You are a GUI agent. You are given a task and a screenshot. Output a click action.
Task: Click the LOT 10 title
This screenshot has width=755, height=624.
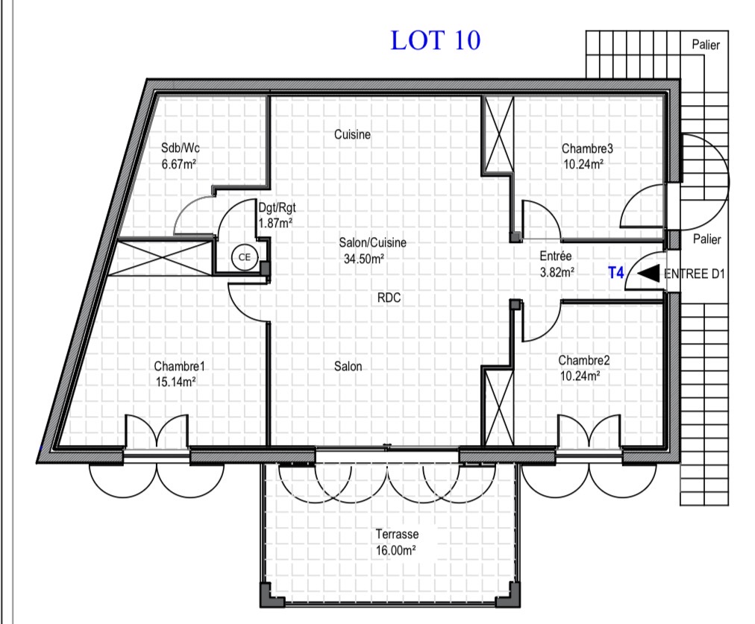[435, 40]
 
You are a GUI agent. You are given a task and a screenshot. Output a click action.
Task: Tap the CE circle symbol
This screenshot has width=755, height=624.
[245, 257]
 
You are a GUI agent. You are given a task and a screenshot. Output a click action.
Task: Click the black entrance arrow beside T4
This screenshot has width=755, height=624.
[648, 273]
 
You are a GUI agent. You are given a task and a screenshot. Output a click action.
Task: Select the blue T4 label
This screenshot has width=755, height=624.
[615, 273]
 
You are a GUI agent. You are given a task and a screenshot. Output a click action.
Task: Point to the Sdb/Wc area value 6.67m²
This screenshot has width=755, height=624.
[178, 164]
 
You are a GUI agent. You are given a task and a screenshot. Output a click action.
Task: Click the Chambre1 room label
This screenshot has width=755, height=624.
[179, 366]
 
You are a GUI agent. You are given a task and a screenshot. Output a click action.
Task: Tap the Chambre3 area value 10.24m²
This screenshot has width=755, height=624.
[583, 164]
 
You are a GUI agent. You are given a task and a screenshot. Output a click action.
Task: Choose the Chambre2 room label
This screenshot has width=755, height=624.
[583, 360]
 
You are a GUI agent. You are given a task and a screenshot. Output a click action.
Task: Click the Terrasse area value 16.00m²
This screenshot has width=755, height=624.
[396, 550]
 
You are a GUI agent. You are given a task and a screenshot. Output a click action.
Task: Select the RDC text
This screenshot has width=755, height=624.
[389, 297]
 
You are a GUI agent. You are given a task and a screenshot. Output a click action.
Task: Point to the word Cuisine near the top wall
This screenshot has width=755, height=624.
[352, 134]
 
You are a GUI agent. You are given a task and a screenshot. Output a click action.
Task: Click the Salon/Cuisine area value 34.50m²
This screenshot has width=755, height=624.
[364, 259]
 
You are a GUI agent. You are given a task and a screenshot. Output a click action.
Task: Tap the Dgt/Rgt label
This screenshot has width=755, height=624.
[277, 208]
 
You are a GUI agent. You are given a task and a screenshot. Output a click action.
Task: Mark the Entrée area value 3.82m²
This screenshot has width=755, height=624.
[557, 272]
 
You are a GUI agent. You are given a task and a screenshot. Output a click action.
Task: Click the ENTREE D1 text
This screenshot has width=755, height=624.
[694, 274]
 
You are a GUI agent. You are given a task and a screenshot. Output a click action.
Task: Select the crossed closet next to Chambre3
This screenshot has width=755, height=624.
[499, 134]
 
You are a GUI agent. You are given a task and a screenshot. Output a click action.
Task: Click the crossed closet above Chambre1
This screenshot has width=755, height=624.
[161, 259]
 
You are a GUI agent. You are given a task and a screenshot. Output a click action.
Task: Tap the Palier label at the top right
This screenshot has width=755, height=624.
[706, 45]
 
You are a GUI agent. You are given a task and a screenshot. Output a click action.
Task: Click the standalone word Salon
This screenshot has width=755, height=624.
[348, 366]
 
